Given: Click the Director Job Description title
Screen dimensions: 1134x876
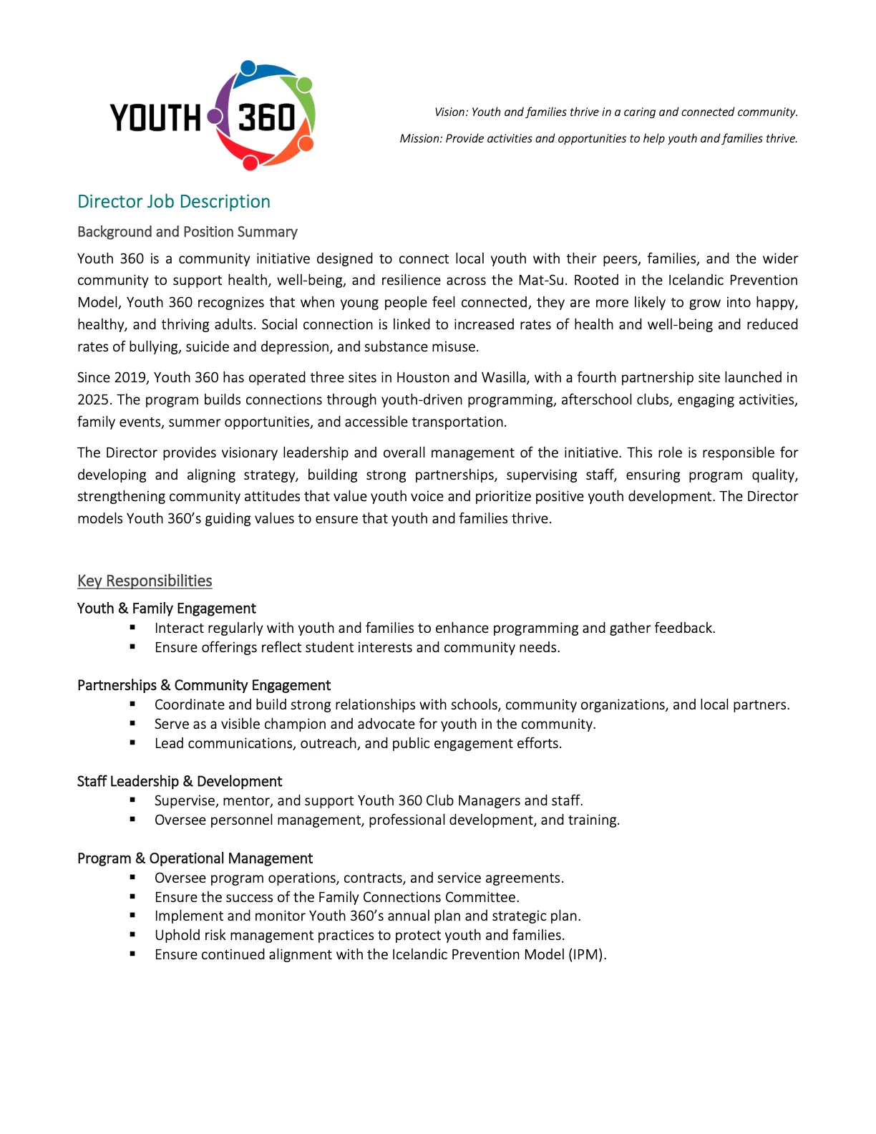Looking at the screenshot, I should pyautogui.click(x=173, y=202).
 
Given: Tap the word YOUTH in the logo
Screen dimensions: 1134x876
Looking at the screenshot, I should pyautogui.click(x=155, y=118).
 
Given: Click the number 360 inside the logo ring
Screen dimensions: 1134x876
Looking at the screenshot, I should pyautogui.click(x=266, y=118).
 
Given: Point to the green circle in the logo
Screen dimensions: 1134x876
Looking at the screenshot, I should pyautogui.click(x=304, y=84).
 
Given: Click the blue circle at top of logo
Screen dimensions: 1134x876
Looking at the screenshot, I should pyautogui.click(x=248, y=69).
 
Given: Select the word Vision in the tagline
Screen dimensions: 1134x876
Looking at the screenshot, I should pyautogui.click(x=450, y=112).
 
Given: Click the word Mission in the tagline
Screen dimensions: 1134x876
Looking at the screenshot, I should pyautogui.click(x=420, y=139).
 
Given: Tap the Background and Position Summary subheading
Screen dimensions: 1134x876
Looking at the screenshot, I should pyautogui.click(x=187, y=232).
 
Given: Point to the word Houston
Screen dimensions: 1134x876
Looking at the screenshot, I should pyautogui.click(x=422, y=378).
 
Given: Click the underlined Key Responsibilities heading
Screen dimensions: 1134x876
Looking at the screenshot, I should pyautogui.click(x=145, y=581).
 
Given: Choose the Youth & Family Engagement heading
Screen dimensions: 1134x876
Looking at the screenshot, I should pyautogui.click(x=166, y=609).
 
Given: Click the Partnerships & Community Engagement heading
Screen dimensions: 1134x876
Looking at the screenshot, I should pyautogui.click(x=203, y=685).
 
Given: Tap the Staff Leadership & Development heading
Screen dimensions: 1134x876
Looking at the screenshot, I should pyautogui.click(x=179, y=782).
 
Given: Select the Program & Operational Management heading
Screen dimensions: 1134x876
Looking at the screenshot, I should pyautogui.click(x=195, y=858).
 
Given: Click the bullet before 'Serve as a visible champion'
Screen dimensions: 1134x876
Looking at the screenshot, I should pyautogui.click(x=133, y=724).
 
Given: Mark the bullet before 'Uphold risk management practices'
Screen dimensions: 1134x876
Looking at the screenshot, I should pyautogui.click(x=133, y=935).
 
